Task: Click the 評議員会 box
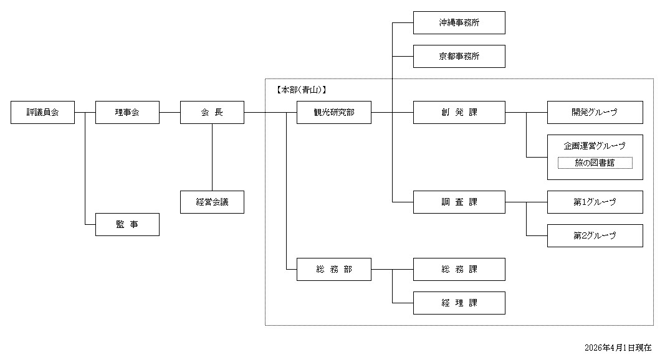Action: tap(42, 113)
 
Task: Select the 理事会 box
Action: tap(127, 113)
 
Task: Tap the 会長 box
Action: tap(212, 113)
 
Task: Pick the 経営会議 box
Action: tap(212, 202)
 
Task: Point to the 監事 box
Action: tap(127, 224)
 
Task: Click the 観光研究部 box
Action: tap(334, 113)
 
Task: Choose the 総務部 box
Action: tap(334, 269)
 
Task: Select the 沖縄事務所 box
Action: tap(459, 23)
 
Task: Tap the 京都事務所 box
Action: tap(459, 56)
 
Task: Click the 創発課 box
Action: tap(459, 113)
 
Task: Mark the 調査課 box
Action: tap(459, 202)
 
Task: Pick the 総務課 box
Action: tap(459, 269)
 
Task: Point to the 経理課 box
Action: tap(459, 303)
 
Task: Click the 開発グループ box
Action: tap(595, 113)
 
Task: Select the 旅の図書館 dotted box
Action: tap(595, 163)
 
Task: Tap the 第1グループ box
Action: tap(595, 202)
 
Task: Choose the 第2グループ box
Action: tap(595, 235)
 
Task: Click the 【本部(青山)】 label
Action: tap(301, 90)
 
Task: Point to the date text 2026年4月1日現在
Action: tap(618, 347)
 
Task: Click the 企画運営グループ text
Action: tap(595, 146)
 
